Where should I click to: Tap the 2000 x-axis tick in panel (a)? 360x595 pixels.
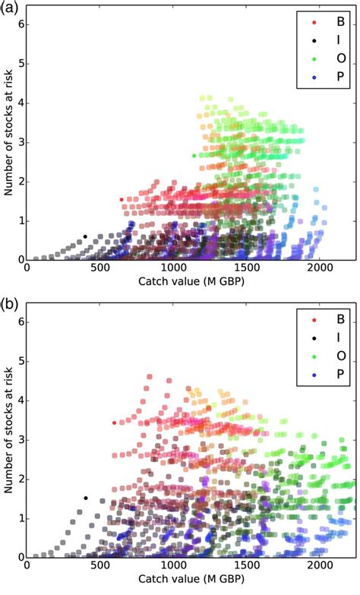(318, 268)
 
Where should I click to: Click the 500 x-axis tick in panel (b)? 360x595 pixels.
(99, 566)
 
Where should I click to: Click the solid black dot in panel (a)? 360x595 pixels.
(85, 236)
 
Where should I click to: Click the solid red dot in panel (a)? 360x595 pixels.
(122, 200)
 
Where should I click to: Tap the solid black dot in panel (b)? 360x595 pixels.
(85, 498)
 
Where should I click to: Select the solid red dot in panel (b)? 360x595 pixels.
(115, 423)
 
